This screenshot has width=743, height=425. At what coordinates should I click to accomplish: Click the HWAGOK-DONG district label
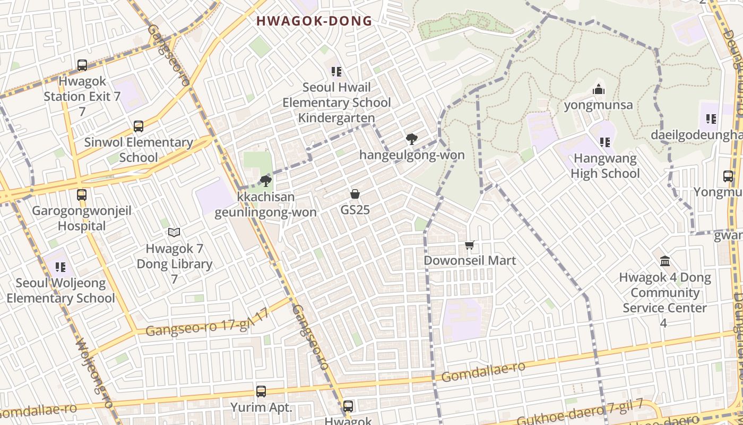coord(314,21)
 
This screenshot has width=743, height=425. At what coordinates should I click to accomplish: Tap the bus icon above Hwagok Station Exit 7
coord(82,65)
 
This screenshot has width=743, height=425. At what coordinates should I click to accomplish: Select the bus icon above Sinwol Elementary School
coord(139,126)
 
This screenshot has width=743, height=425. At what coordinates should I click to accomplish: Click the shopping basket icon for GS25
coord(355,194)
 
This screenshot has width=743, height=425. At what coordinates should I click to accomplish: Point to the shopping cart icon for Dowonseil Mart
coord(469,245)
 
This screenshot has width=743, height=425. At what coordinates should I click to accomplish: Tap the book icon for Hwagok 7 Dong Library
coord(174,232)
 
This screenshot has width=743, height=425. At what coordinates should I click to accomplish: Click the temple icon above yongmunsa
coord(599,89)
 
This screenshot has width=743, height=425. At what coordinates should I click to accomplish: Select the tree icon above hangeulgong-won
coord(411,139)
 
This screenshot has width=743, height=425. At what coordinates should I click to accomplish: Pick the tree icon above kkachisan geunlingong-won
coord(266,182)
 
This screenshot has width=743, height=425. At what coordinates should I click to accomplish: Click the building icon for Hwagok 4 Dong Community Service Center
coord(664,261)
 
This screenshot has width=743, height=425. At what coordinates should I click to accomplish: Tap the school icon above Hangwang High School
coord(604,142)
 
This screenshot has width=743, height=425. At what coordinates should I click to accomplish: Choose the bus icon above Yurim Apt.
coord(261,392)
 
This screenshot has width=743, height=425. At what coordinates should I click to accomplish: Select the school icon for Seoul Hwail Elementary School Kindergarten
coord(336,71)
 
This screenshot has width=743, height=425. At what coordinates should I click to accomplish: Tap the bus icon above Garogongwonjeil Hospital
coord(82,195)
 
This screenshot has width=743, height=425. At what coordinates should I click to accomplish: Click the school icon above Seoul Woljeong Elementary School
coord(60,267)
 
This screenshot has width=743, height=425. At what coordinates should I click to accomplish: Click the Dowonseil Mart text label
coord(470,261)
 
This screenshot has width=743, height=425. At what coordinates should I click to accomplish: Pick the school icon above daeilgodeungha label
coord(711,120)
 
